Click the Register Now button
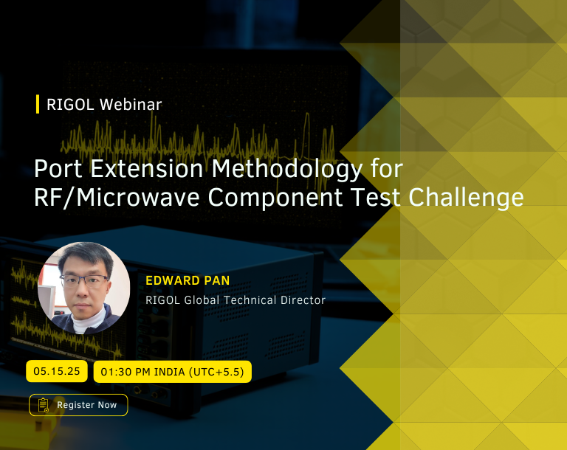click(78, 405)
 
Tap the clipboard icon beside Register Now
click(44, 405)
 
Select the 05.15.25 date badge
click(57, 371)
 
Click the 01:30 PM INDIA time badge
click(173, 372)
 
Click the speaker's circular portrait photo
click(84, 288)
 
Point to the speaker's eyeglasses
click(84, 281)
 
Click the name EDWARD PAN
click(188, 280)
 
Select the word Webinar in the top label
click(131, 105)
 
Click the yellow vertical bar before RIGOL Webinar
click(38, 104)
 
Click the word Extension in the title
click(146, 168)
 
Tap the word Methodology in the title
click(286, 169)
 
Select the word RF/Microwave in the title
click(117, 198)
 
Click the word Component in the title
click(275, 198)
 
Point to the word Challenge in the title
click(466, 198)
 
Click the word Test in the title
click(375, 198)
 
